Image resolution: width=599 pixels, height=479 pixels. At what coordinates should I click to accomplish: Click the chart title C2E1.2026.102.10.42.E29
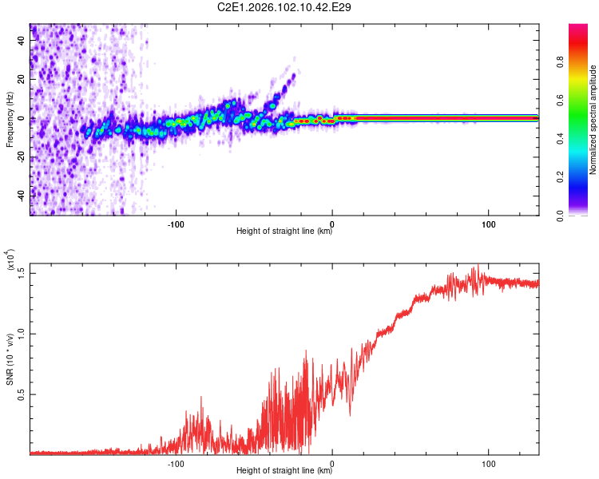click(x=284, y=7)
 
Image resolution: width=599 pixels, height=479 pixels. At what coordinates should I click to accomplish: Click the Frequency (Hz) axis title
click(x=10, y=119)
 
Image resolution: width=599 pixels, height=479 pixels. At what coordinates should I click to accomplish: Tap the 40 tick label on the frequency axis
click(x=21, y=40)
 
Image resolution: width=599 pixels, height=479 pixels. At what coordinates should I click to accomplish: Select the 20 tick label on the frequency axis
click(x=21, y=79)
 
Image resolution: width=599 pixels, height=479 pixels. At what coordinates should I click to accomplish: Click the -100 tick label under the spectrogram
click(x=176, y=224)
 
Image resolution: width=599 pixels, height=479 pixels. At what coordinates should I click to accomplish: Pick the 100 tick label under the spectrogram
click(x=489, y=224)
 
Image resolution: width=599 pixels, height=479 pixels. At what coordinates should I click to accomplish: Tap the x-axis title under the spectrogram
click(x=284, y=231)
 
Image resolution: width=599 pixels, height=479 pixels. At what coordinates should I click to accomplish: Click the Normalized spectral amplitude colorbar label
click(x=593, y=120)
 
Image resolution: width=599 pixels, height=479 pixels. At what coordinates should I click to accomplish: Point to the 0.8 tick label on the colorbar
click(x=560, y=62)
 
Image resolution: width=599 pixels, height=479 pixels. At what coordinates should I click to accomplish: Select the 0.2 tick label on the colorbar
click(x=560, y=177)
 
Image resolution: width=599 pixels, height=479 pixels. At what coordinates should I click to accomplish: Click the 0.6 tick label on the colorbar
click(x=560, y=100)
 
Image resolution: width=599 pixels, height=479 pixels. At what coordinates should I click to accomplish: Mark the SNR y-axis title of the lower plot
click(x=10, y=359)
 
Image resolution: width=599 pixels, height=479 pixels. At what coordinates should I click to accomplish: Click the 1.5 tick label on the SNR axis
click(x=21, y=274)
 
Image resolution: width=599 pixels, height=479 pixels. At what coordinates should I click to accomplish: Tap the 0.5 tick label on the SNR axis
click(x=21, y=394)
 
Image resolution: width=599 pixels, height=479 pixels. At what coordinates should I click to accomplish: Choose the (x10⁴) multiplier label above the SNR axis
click(x=10, y=259)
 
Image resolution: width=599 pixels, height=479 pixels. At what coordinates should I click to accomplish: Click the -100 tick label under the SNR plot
click(x=176, y=464)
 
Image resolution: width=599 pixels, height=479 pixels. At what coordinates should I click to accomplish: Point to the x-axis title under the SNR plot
click(x=284, y=470)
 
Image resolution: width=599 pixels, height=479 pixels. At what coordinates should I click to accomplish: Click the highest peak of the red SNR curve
click(x=478, y=265)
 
